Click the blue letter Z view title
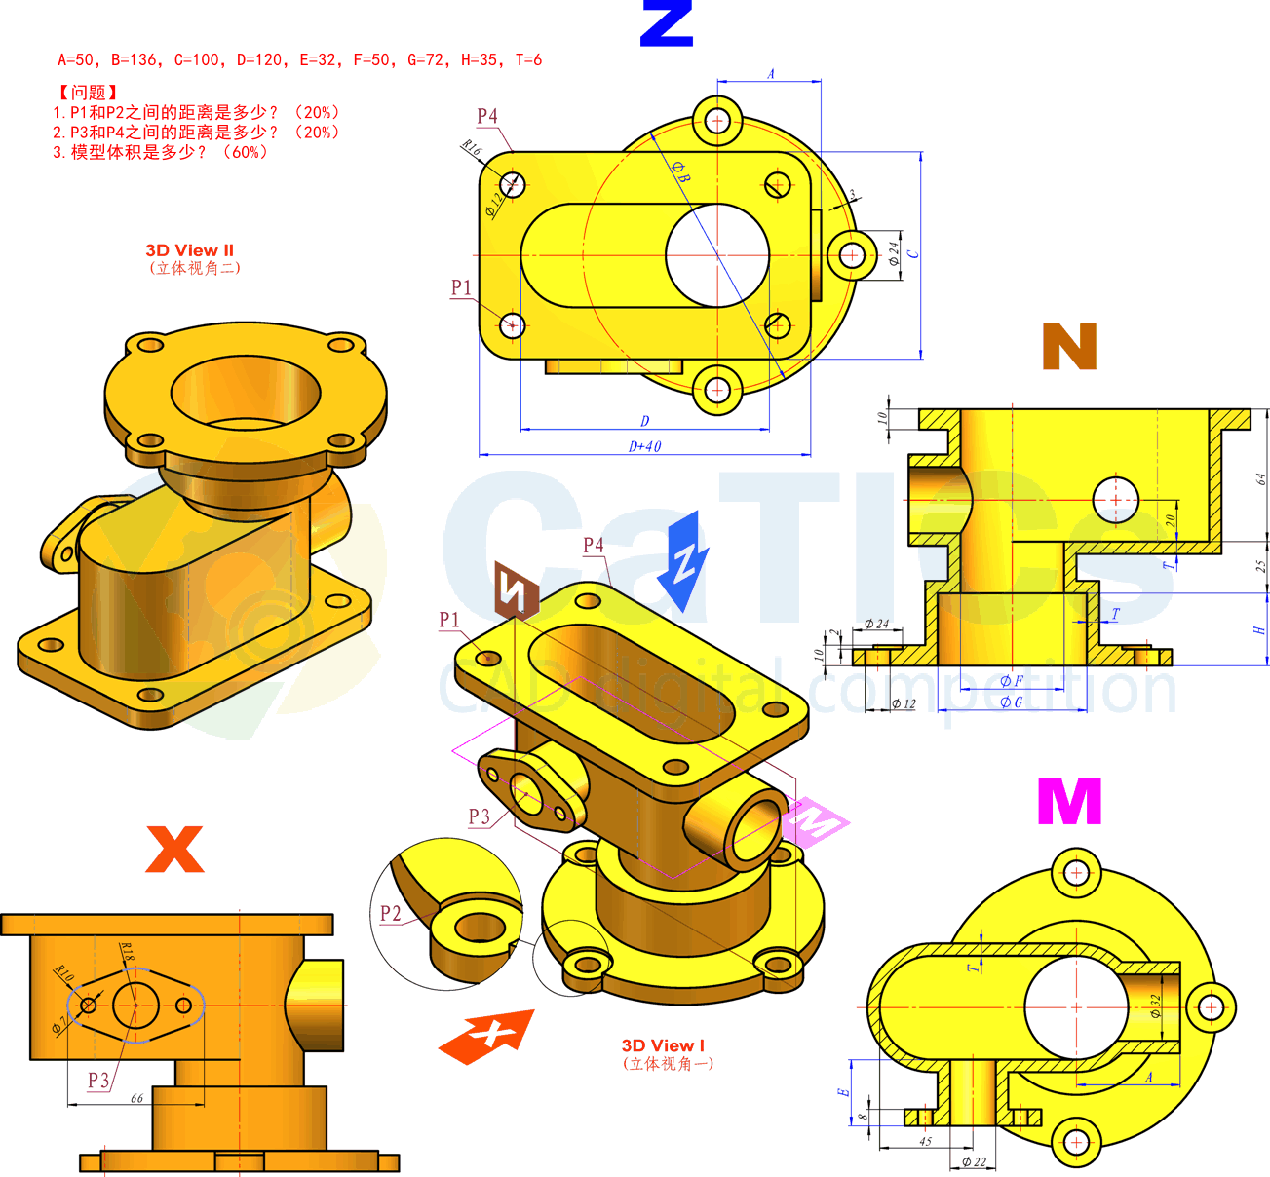click(667, 24)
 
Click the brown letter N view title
click(1069, 347)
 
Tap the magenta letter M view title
click(1069, 802)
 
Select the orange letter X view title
click(174, 849)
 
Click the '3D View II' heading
click(190, 250)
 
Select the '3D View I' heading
click(663, 1045)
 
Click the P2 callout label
click(390, 913)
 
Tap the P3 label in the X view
click(98, 1080)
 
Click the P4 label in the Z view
click(487, 116)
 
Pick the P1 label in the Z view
click(461, 287)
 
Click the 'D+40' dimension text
click(644, 446)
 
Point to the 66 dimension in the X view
click(136, 1098)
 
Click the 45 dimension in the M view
click(925, 1141)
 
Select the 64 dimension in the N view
click(1260, 478)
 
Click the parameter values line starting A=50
click(299, 60)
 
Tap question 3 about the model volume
click(161, 152)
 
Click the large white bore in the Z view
click(717, 255)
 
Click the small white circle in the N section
click(1115, 500)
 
